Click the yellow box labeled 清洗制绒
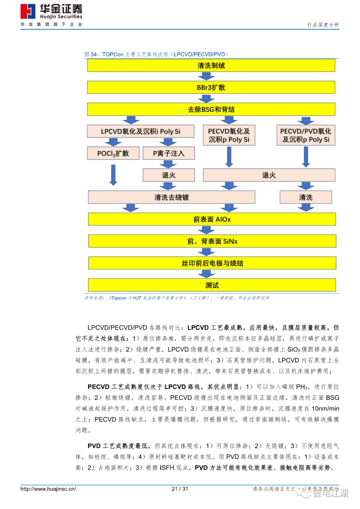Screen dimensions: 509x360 [x=211, y=66]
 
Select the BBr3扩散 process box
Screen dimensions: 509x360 [x=211, y=88]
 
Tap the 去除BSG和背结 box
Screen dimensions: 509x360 [x=211, y=110]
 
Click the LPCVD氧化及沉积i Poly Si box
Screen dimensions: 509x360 [x=140, y=131]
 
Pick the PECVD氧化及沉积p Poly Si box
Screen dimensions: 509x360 [x=229, y=135]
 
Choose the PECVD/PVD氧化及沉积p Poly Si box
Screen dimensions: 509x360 [x=306, y=135]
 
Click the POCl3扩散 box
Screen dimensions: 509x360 [x=113, y=153]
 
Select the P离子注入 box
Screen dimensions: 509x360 [x=169, y=153]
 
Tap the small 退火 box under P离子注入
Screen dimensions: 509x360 [x=169, y=175]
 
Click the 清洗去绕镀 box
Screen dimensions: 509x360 [x=171, y=197]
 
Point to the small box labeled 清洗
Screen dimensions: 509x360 [x=306, y=197]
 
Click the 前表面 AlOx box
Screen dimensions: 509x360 [x=212, y=219]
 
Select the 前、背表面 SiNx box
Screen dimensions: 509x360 [x=212, y=241]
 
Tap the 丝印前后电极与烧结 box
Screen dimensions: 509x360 [x=212, y=263]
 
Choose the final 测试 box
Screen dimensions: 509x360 [x=212, y=285]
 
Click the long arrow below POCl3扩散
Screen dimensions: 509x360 [x=113, y=175]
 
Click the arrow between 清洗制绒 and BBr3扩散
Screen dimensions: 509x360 [x=206, y=76]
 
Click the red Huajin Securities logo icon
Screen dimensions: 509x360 [x=28, y=12]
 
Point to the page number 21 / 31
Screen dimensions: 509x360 [x=180, y=489]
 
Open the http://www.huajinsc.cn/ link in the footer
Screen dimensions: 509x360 [x=48, y=489]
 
